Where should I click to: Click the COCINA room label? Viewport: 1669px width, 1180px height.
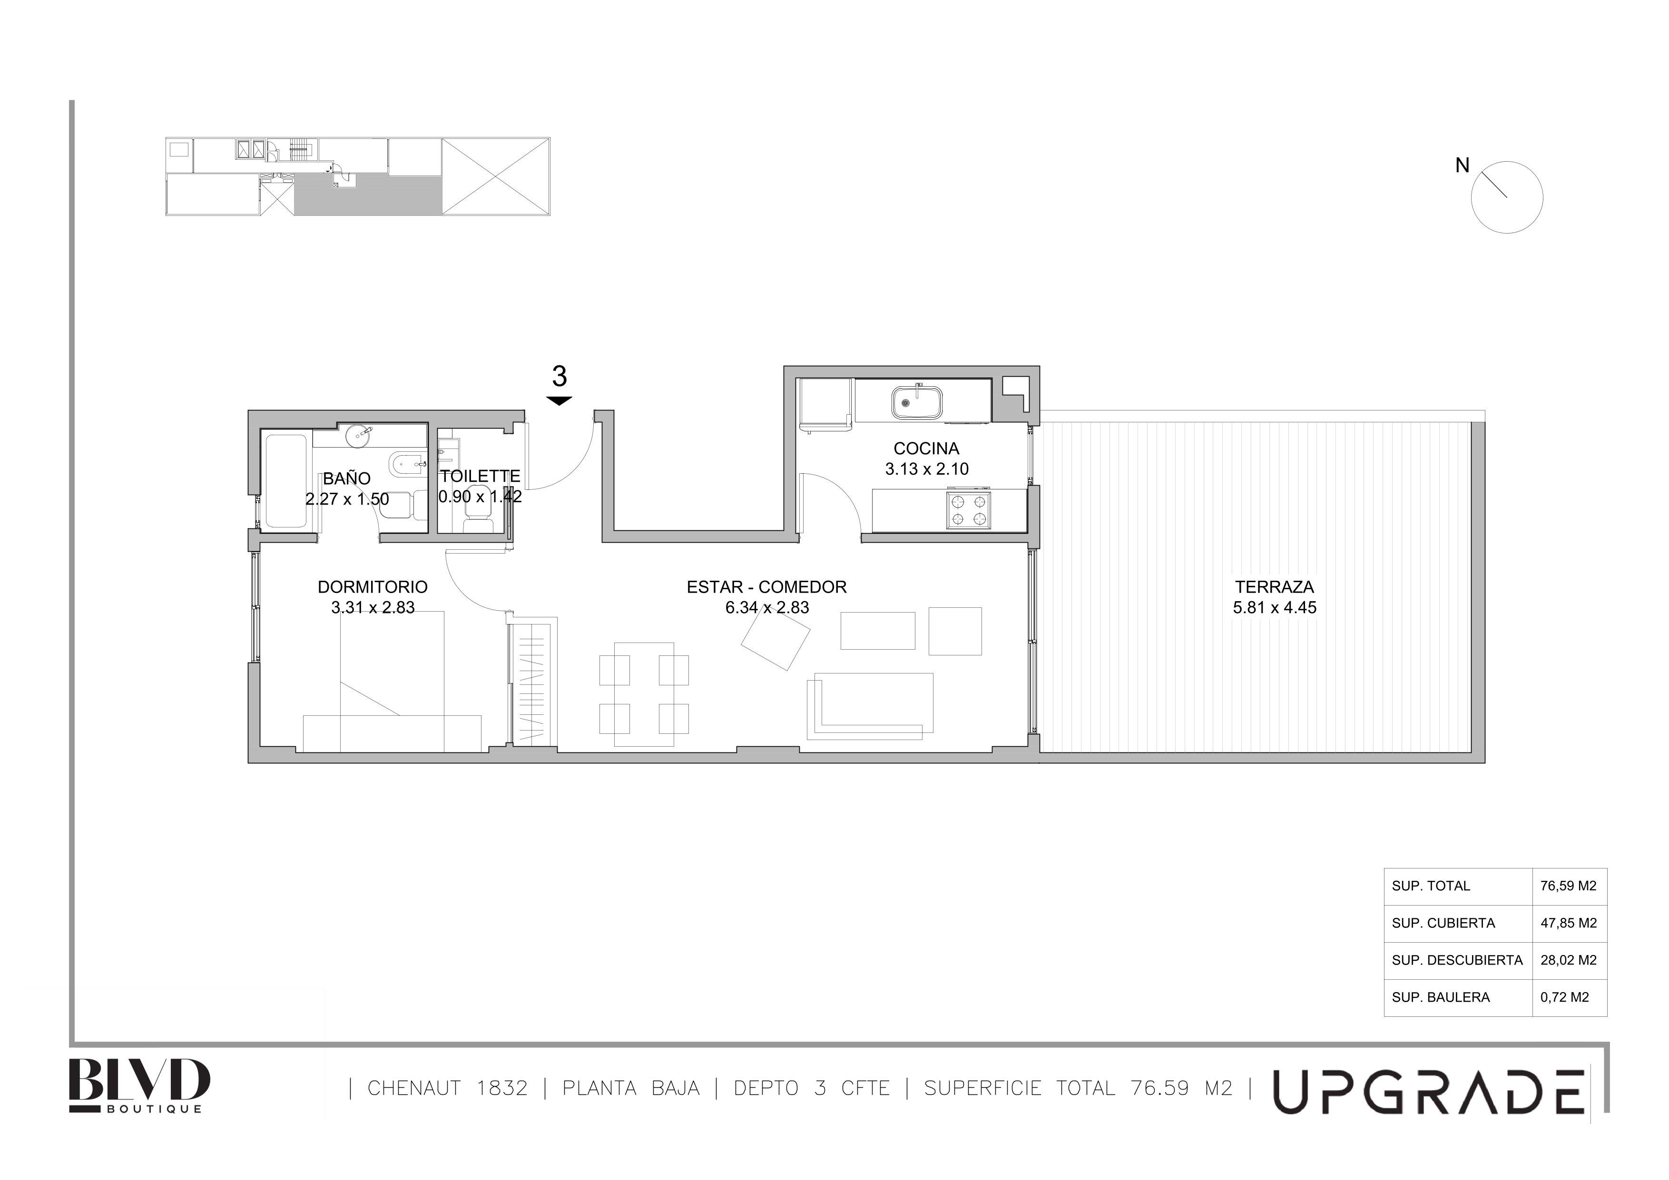[x=926, y=449]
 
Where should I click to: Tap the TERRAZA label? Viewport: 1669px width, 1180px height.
[x=1274, y=586]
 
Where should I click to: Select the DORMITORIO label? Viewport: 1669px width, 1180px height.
[x=372, y=586]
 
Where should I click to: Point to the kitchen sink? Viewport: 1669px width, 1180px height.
[x=917, y=402]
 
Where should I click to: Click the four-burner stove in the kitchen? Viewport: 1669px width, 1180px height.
[x=968, y=509]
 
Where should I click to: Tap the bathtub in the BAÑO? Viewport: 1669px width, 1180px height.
[x=285, y=481]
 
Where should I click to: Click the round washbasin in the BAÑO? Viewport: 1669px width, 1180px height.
[x=359, y=435]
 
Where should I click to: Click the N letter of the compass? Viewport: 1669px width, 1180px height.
[x=1462, y=166]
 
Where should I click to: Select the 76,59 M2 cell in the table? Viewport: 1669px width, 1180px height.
[x=1568, y=886]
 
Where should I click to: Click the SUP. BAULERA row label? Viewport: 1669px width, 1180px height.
[x=1440, y=997]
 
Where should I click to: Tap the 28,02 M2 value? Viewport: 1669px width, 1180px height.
[x=1568, y=960]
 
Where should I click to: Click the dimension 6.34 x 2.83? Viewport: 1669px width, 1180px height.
[x=767, y=607]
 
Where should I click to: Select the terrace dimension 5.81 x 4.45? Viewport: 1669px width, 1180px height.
[x=1274, y=607]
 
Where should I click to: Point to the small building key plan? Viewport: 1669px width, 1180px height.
[x=358, y=176]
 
